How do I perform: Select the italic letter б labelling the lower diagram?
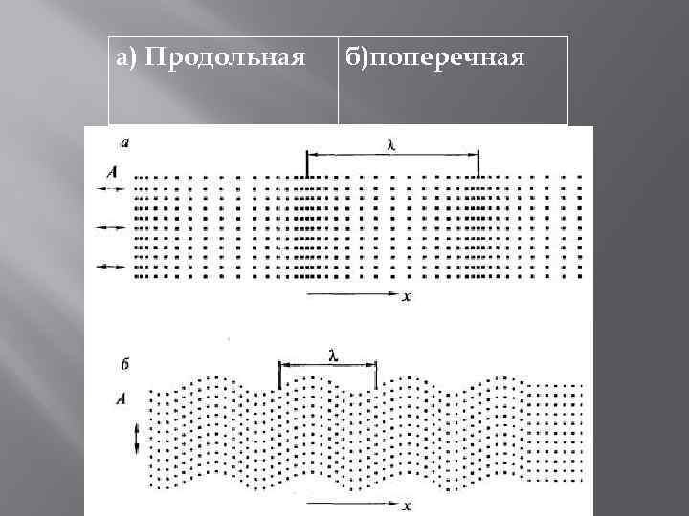click(x=126, y=364)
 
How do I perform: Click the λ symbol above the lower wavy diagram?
click(x=332, y=355)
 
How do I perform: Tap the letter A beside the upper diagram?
click(x=114, y=173)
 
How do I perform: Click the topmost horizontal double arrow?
click(x=111, y=191)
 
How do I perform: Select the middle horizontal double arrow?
click(x=111, y=228)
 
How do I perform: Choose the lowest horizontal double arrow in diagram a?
click(x=111, y=265)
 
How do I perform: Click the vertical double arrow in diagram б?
click(x=137, y=439)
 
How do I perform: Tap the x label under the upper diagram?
click(x=407, y=297)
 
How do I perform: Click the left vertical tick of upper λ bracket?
click(x=306, y=164)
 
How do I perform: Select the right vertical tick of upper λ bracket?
click(x=478, y=164)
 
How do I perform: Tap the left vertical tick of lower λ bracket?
click(x=279, y=376)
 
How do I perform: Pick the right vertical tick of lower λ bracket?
click(x=376, y=376)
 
